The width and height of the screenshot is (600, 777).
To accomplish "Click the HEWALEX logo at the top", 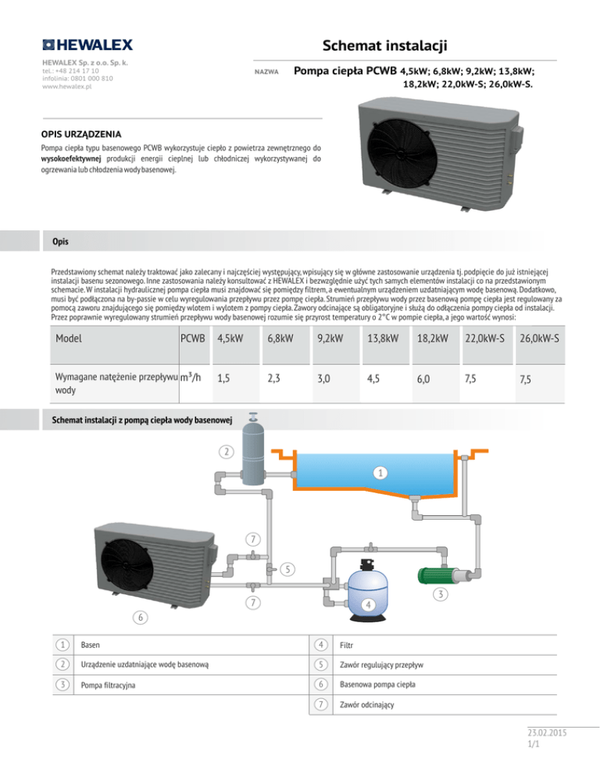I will coord(87,45).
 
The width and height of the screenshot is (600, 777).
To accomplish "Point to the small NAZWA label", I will coord(267,71).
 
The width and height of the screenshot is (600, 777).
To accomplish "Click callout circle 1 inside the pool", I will coord(378,471).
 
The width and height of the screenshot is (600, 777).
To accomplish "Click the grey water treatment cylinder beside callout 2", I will coord(254,454).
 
